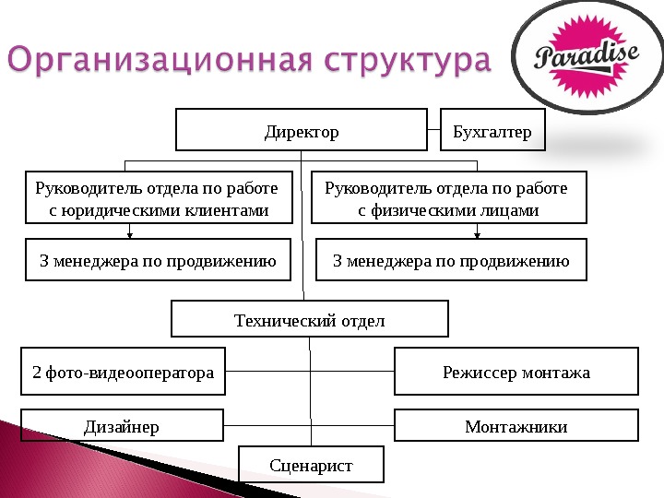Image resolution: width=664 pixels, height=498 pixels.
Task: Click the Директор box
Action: [x=302, y=131]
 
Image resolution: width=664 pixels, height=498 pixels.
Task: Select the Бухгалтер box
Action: [x=493, y=131]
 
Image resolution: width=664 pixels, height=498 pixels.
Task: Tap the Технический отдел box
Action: [x=310, y=320]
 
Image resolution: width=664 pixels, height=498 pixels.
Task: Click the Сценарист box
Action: [x=311, y=465]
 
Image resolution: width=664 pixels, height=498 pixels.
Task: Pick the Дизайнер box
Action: [x=122, y=426]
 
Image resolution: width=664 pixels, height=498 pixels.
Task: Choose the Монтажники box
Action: [x=516, y=426]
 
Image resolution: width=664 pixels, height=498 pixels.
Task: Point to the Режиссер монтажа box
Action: [x=516, y=372]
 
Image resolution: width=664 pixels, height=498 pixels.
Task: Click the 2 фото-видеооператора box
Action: [x=123, y=372]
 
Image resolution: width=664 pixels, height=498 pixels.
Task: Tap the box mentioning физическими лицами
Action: [x=449, y=198]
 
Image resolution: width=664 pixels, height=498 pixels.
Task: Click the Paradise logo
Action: [x=587, y=61]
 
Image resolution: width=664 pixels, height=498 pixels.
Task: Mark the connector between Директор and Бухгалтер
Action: [x=434, y=131]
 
